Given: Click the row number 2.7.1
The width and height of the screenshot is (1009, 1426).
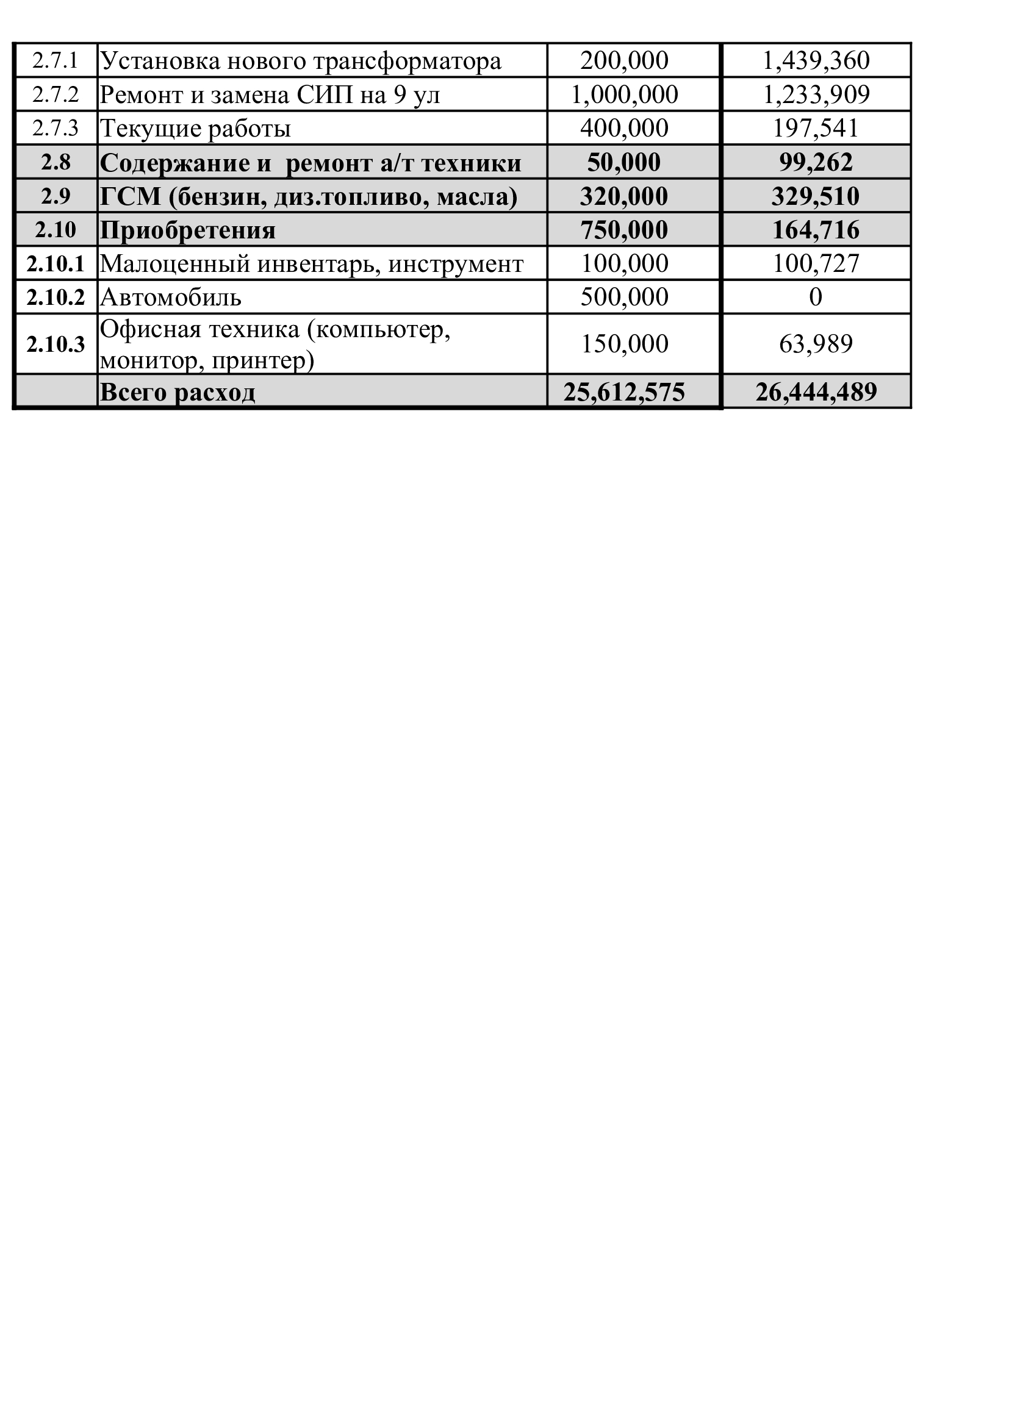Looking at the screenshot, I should click(x=56, y=61).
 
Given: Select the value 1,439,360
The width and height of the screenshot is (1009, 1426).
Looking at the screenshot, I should click(x=816, y=61).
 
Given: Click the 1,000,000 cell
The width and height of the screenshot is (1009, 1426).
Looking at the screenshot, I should click(x=625, y=95).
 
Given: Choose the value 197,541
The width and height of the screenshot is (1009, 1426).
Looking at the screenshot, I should click(x=816, y=129).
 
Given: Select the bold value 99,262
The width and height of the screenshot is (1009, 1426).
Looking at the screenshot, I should click(x=816, y=163).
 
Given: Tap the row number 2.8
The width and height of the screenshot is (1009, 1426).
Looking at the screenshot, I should click(x=56, y=163).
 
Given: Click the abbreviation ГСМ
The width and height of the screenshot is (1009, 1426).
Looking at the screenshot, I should click(x=131, y=197).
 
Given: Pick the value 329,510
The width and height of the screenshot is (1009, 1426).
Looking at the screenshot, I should click(x=816, y=197).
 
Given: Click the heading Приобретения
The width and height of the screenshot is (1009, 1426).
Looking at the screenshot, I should click(x=188, y=230).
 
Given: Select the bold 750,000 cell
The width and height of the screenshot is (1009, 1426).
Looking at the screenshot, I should click(x=625, y=230).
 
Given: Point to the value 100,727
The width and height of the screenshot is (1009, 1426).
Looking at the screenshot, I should click(x=816, y=264).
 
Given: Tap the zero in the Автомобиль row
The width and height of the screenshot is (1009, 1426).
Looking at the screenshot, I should click(x=816, y=298).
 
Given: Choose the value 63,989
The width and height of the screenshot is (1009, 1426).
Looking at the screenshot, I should click(x=816, y=344).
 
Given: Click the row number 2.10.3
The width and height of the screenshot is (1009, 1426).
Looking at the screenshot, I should click(x=56, y=344).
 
